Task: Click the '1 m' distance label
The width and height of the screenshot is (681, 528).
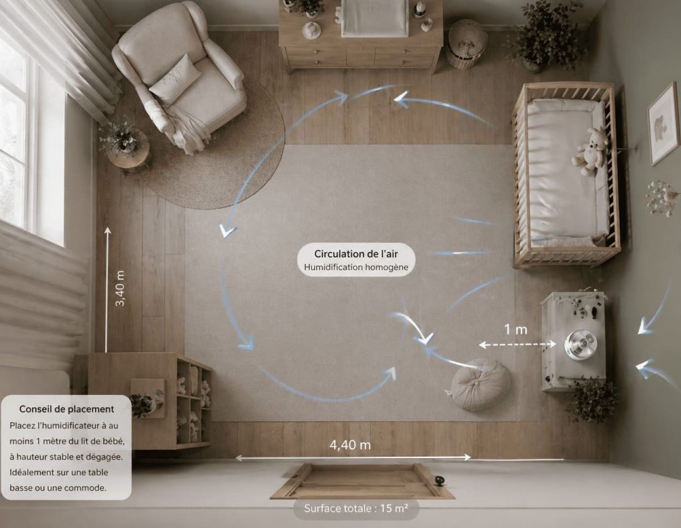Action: (515, 330)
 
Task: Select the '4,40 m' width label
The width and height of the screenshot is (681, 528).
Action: (350, 445)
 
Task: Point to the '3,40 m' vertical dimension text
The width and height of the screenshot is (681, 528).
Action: (120, 289)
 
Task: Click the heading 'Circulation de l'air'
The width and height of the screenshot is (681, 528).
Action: (356, 253)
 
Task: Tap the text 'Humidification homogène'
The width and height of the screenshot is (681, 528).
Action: (356, 267)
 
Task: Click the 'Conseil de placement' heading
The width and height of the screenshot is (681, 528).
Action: (67, 409)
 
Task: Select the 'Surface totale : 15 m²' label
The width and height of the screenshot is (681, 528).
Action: (356, 509)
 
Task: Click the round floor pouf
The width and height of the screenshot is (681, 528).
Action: (480, 384)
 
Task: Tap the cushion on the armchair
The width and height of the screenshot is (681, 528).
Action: (175, 79)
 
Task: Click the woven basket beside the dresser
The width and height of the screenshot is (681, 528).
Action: (466, 44)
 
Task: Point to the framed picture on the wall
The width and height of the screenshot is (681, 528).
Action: (663, 123)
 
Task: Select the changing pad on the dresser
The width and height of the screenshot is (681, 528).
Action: (374, 17)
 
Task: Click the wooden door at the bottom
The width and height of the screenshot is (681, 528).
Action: (362, 481)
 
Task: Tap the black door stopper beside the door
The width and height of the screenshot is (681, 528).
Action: (440, 480)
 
